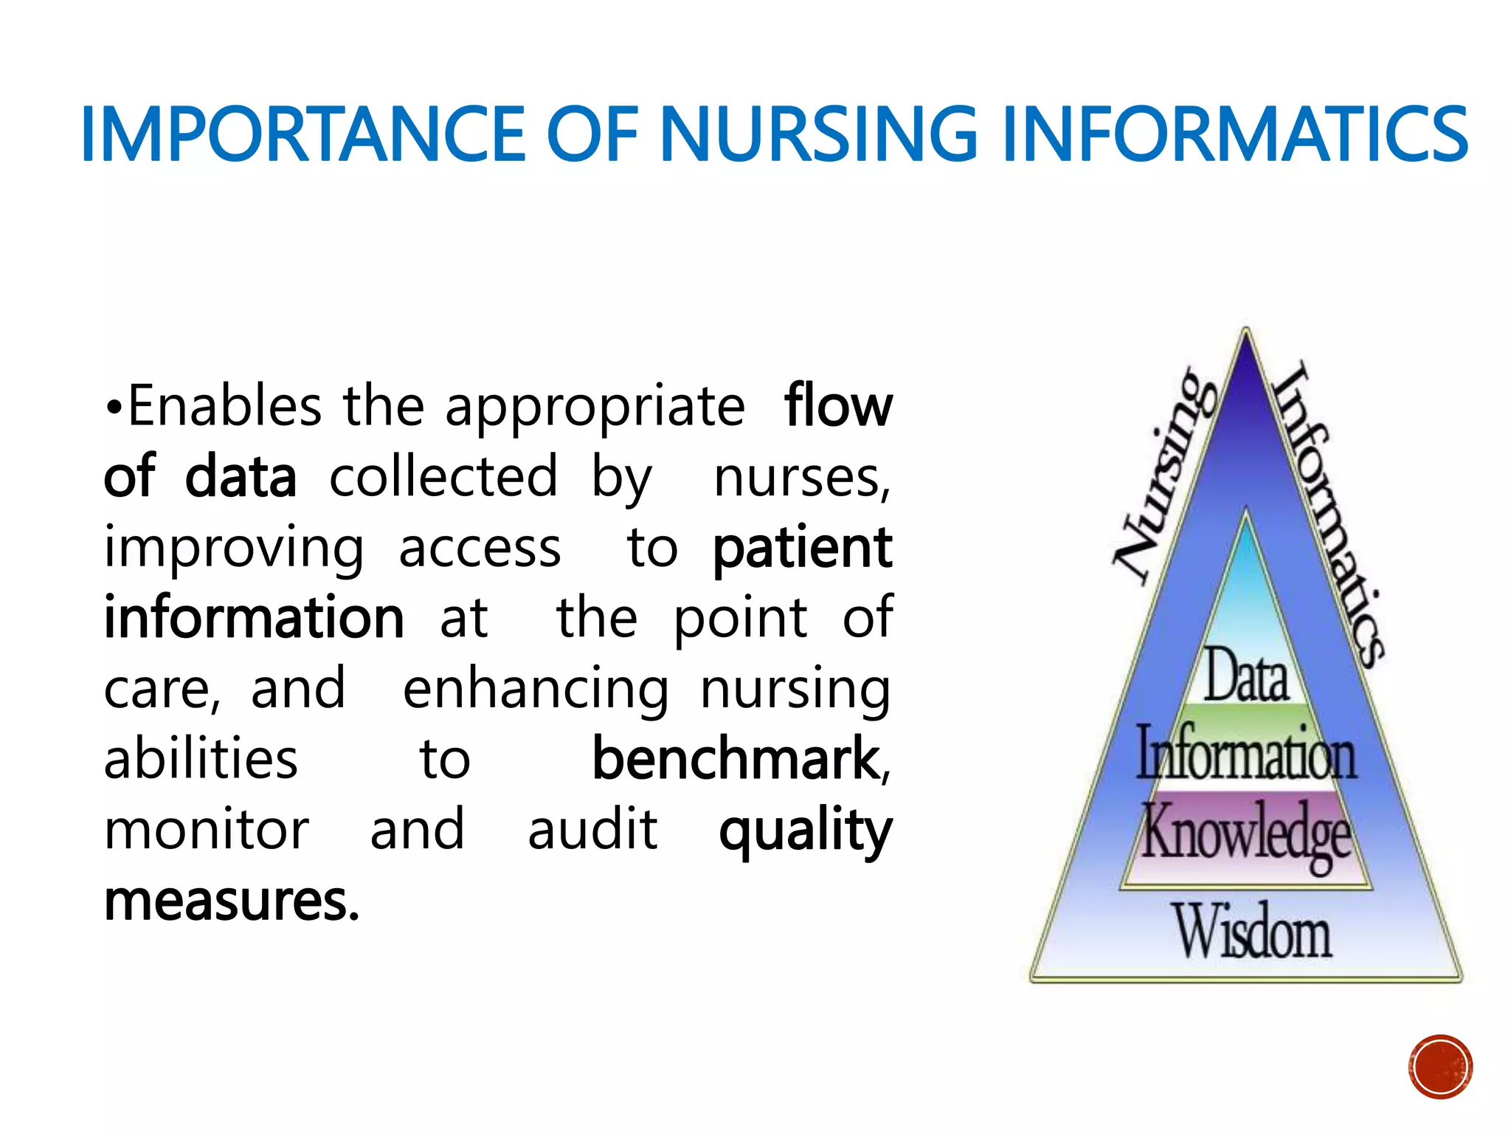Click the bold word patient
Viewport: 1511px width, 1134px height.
(x=803, y=547)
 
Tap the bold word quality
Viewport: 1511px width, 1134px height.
(x=806, y=831)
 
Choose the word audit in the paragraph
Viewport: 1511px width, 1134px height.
(x=592, y=830)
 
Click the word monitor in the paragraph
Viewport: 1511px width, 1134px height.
(x=207, y=830)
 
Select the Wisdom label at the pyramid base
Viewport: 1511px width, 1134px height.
(x=1254, y=932)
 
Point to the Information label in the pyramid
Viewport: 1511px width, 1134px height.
(x=1246, y=753)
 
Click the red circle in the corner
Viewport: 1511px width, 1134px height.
(x=1440, y=1067)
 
